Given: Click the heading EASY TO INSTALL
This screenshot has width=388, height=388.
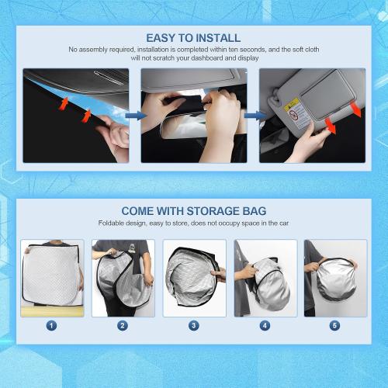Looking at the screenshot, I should (x=193, y=37).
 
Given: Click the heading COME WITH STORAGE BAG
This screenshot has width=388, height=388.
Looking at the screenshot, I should (x=193, y=211).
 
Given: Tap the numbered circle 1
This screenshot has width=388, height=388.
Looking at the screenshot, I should (x=51, y=325).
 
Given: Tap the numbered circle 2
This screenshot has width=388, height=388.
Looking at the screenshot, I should (x=123, y=325).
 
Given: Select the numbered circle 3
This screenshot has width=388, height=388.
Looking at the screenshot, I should (x=193, y=325).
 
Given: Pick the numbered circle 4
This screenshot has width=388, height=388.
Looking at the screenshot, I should (x=265, y=325).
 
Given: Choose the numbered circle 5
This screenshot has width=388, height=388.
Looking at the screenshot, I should (x=335, y=325).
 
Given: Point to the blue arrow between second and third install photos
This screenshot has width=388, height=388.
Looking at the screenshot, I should (x=252, y=116).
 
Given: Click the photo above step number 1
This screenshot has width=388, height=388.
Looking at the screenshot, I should (x=51, y=278).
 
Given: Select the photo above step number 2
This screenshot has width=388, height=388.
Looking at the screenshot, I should (x=123, y=278).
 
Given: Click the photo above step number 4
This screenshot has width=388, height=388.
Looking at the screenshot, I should (x=265, y=278).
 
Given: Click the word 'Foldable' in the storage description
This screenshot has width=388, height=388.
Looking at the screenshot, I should (x=113, y=223).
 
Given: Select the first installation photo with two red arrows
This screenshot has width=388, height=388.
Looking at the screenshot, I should (x=75, y=116).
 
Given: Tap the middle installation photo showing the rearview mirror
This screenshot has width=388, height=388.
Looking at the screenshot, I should (x=193, y=116).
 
